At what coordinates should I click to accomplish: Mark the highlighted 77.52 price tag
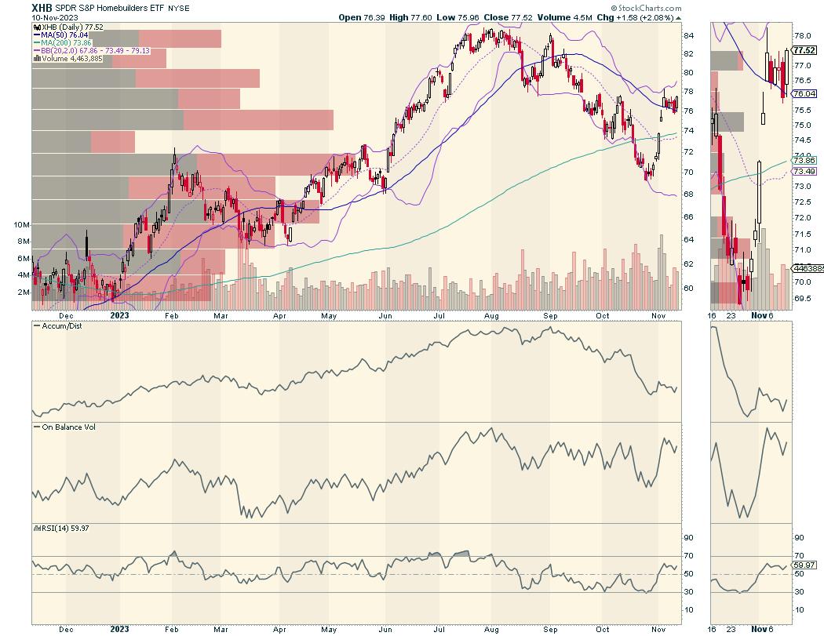pos(803,49)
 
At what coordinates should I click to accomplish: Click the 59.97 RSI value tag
pos(803,565)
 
